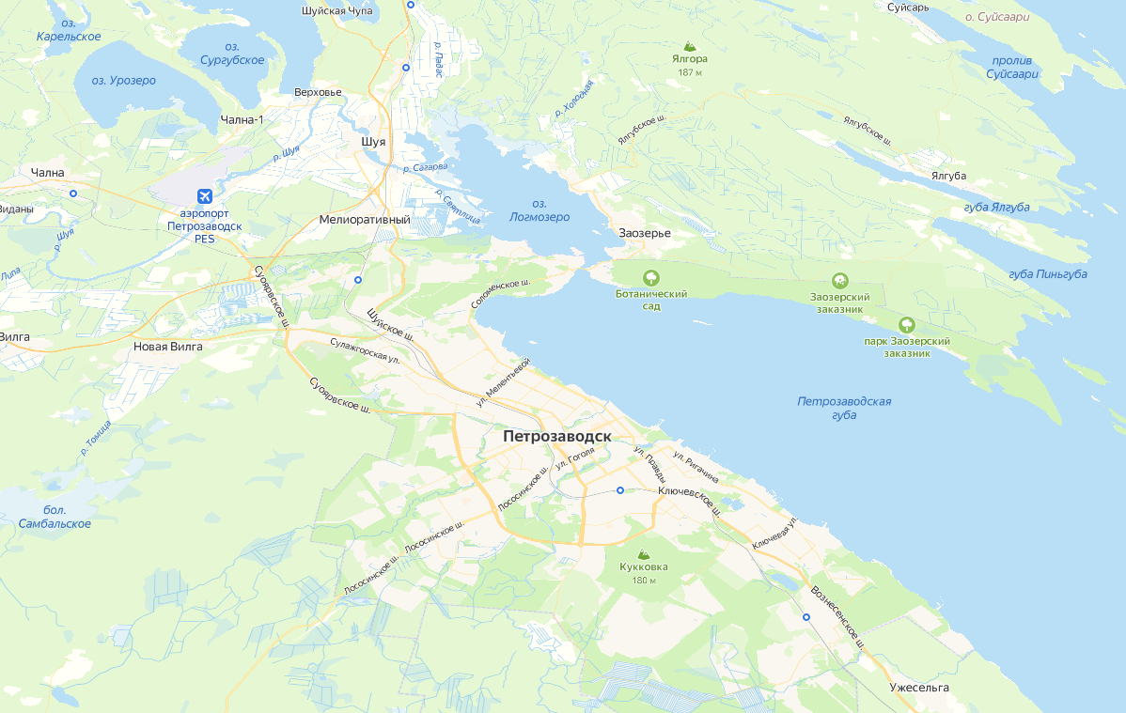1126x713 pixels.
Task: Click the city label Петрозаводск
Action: [556, 437]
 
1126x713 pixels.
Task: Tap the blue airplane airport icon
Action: [204, 196]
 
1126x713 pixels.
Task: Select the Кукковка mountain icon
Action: [643, 554]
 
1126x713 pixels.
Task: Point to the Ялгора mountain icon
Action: [690, 45]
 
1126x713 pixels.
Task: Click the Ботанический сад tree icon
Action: [650, 278]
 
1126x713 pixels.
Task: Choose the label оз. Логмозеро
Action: [539, 210]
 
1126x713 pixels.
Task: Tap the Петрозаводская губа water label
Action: [844, 408]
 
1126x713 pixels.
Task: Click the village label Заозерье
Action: [645, 232]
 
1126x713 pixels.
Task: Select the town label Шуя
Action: [373, 142]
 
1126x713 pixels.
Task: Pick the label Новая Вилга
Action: [168, 347]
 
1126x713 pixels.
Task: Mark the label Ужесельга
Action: [919, 688]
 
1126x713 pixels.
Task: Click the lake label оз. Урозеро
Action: [123, 81]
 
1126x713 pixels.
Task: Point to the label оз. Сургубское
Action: [232, 54]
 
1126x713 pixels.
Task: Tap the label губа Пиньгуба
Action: [1047, 274]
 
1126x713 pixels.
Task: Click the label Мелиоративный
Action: [365, 220]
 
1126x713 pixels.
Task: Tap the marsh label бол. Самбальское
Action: [55, 517]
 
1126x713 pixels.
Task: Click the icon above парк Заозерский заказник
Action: [907, 325]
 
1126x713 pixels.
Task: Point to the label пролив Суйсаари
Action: [1013, 67]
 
